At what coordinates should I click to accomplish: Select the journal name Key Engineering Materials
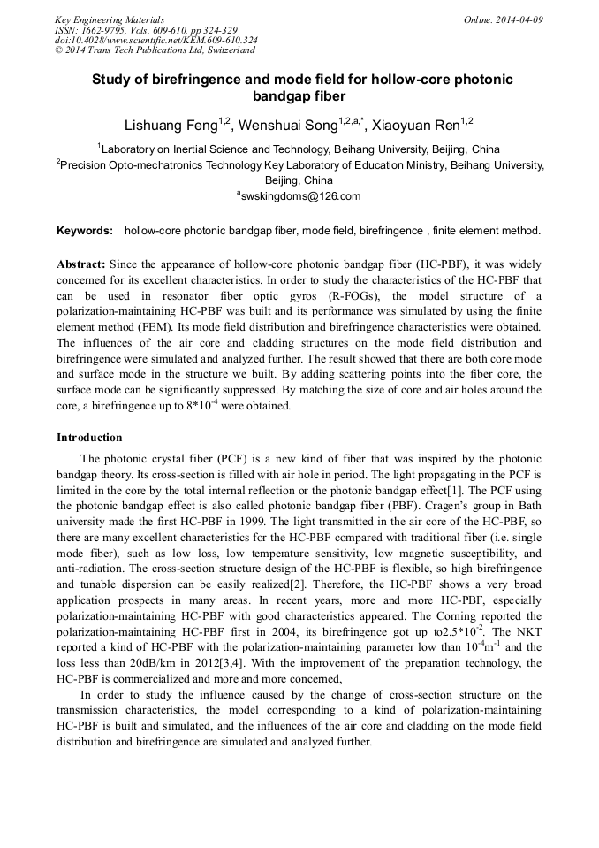(110, 19)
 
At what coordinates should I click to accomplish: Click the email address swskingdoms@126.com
(301, 196)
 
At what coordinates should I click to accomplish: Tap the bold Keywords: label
(85, 231)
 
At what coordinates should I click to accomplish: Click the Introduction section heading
(89, 438)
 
